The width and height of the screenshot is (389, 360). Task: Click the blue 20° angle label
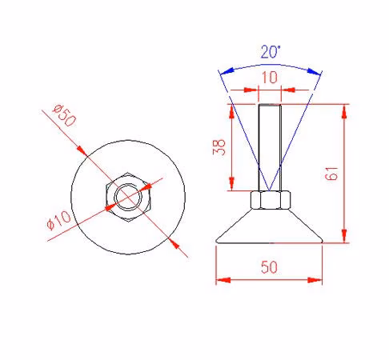[271, 52]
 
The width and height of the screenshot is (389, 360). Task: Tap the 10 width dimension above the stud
[270, 78]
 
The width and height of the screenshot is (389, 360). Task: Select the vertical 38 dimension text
[219, 147]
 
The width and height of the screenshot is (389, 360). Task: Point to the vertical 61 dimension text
[331, 174]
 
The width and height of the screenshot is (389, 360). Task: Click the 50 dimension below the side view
[269, 267]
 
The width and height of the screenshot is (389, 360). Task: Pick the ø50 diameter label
[64, 115]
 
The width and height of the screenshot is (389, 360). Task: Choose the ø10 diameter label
[58, 220]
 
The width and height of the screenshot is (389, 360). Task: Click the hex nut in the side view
[271, 200]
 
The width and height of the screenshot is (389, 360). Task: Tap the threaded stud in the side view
[270, 147]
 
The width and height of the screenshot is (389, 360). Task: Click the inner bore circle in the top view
[128, 184]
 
